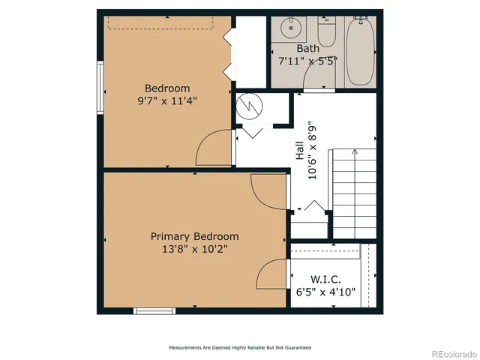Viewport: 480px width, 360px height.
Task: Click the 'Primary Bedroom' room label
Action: click(194, 235)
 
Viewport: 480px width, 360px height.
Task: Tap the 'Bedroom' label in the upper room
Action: click(167, 88)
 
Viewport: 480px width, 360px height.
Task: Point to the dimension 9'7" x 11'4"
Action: click(167, 101)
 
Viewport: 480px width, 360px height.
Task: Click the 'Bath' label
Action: click(307, 48)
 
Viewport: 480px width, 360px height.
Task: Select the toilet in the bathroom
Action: click(327, 32)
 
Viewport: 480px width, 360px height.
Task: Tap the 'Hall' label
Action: click(300, 152)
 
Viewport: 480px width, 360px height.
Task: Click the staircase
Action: click(353, 191)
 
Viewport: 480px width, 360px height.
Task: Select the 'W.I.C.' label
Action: click(322, 279)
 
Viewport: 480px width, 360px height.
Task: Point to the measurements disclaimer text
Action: click(239, 348)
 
